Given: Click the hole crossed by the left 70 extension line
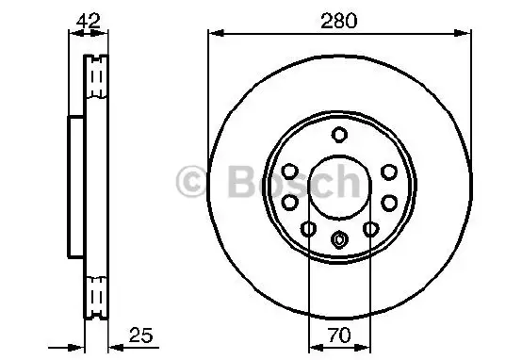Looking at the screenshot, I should pyautogui.click(x=309, y=229).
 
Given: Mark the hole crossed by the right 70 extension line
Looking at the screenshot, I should pyautogui.click(x=371, y=229).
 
